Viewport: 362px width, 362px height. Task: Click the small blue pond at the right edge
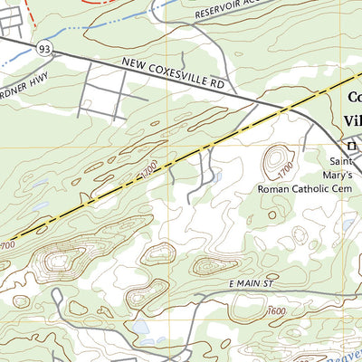(349, 224)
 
